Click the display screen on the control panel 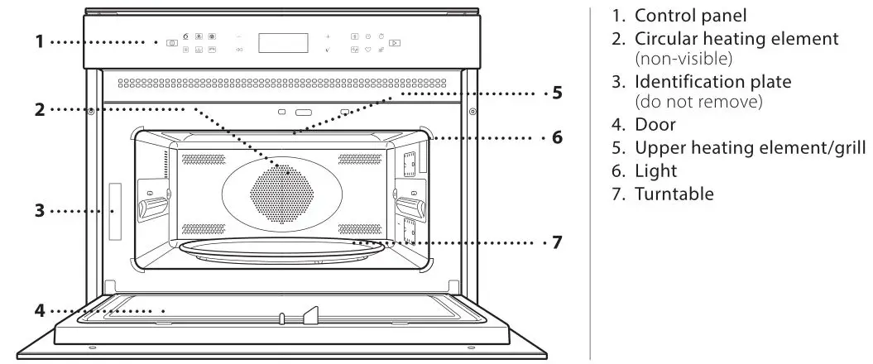pos(283,43)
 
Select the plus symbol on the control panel pos(327,37)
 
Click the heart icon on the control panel pos(367,50)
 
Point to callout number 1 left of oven pos(39,41)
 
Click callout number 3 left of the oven pos(39,211)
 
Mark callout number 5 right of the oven pos(558,93)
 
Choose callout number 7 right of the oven pos(558,243)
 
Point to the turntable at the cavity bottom pos(281,252)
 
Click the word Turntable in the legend pos(674,194)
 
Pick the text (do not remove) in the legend pos(698,103)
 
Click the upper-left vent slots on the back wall pos(203,157)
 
